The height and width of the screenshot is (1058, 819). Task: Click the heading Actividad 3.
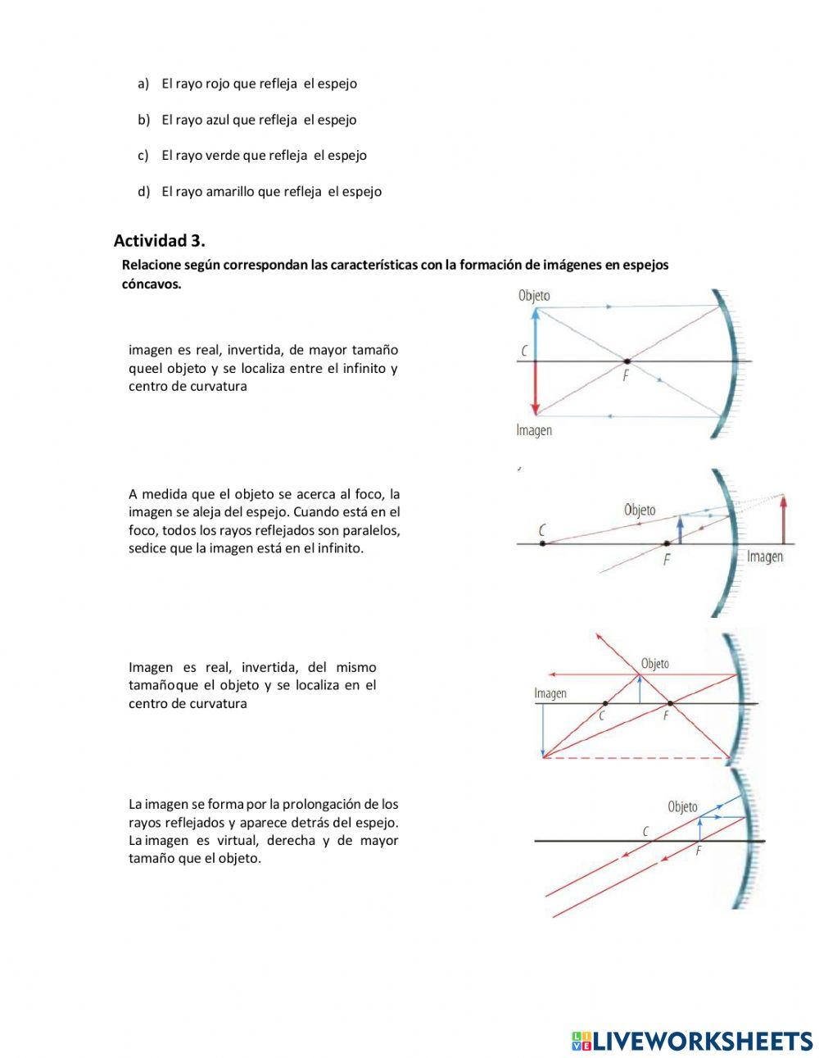click(159, 240)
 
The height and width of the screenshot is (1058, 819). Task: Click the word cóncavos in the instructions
click(151, 284)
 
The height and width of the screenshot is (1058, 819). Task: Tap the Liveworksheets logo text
click(702, 1041)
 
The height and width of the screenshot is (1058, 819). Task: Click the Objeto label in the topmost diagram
click(534, 296)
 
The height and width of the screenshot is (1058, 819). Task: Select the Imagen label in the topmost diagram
click(534, 430)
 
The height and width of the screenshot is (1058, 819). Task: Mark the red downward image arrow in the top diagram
click(536, 389)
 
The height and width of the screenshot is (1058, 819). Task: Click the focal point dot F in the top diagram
click(627, 361)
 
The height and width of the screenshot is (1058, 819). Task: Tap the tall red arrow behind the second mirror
click(785, 520)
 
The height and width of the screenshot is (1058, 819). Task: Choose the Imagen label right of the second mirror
click(765, 557)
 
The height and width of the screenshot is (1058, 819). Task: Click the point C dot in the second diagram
click(542, 543)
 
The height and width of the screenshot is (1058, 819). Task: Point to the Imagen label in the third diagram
click(550, 693)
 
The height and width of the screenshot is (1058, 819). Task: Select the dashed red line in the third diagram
click(639, 758)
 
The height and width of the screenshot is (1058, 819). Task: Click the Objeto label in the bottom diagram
click(682, 806)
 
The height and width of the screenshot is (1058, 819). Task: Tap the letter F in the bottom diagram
click(698, 851)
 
